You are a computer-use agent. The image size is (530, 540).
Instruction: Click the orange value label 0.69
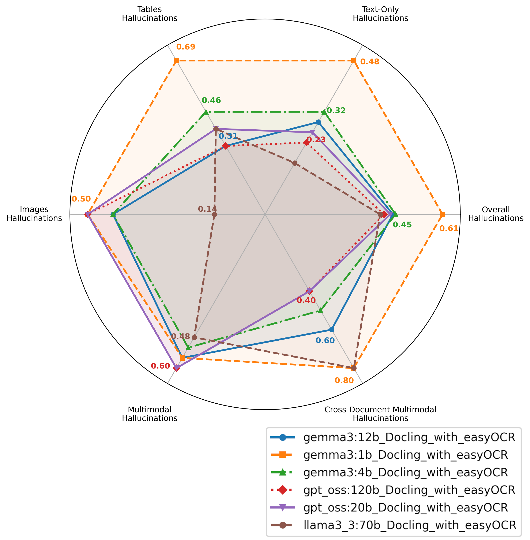[186, 47]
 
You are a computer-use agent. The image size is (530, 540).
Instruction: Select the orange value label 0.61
[449, 229]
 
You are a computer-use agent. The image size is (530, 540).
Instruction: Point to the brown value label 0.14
[207, 208]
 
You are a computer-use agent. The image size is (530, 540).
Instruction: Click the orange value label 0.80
[344, 380]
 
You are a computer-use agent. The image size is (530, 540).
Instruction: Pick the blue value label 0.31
[228, 136]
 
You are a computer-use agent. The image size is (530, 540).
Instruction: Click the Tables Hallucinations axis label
[150, 14]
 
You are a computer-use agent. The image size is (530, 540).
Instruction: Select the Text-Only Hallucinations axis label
[380, 14]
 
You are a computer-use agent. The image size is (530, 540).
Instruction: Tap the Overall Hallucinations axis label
[496, 214]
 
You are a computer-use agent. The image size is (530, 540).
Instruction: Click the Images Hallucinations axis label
[34, 214]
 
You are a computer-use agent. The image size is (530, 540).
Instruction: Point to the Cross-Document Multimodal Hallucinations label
[380, 414]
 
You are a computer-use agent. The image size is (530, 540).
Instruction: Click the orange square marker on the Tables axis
[176, 61]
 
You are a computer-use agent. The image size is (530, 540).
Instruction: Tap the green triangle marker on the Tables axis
[206, 112]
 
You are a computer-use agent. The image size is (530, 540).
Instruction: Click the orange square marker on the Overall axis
[443, 214]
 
